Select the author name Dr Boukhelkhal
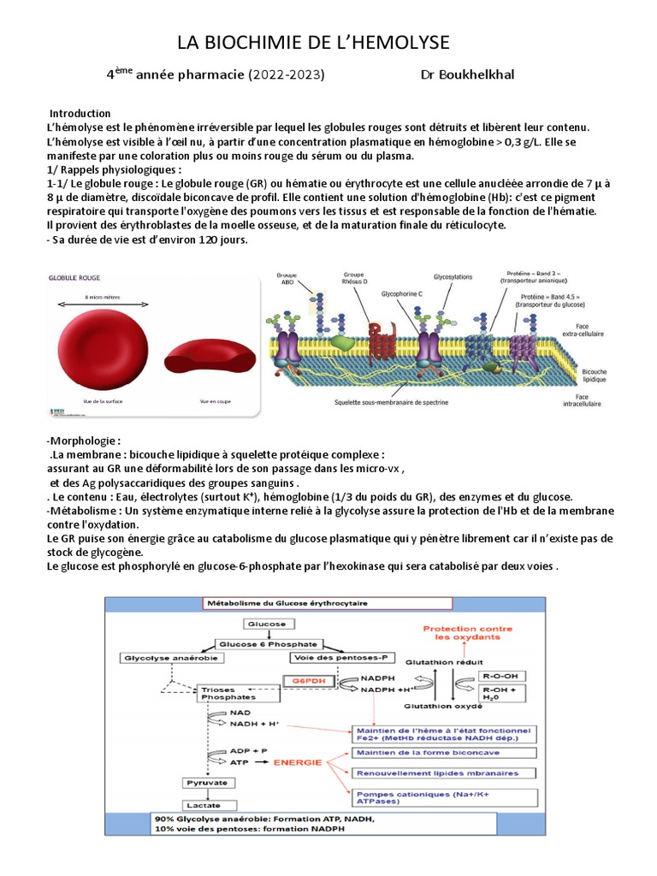467,74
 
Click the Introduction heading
80,114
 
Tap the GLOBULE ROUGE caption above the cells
74,278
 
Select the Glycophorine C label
404,293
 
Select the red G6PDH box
305,682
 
